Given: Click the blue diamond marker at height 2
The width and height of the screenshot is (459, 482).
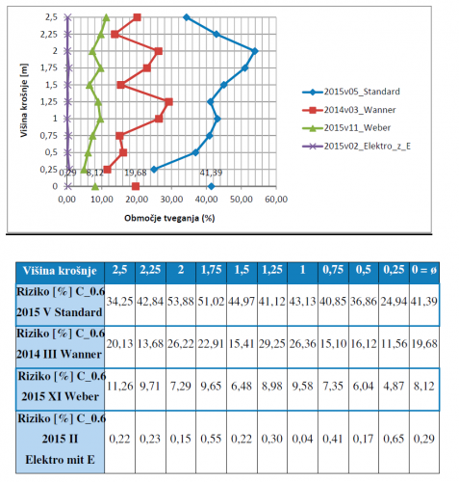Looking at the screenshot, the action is [x=255, y=51].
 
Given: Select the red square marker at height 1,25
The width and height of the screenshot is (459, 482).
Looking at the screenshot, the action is [x=168, y=102].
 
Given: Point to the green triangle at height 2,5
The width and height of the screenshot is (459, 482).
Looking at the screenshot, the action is [x=107, y=17].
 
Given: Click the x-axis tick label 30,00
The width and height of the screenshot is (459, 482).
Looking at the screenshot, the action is [x=171, y=200].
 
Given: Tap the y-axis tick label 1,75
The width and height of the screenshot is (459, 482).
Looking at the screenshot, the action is [x=49, y=67].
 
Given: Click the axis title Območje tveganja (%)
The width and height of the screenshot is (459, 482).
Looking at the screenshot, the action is [x=169, y=218].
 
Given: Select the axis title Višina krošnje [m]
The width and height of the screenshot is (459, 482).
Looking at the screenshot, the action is [x=24, y=100].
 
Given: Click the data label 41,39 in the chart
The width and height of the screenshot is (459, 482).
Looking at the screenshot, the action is [x=211, y=173].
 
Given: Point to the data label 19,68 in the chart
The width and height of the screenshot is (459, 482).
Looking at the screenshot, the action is [x=136, y=173].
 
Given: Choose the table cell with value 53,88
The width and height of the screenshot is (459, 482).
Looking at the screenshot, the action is [x=181, y=302].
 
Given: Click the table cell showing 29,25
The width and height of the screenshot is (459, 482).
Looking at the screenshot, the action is [x=272, y=344].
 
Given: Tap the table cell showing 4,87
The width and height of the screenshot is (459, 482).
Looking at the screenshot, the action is [x=394, y=386].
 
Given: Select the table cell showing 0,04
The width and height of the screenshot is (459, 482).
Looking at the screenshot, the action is [x=302, y=439].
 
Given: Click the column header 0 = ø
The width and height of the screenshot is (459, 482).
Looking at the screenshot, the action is [x=424, y=270].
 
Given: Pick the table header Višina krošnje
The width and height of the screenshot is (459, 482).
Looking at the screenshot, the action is [x=60, y=271].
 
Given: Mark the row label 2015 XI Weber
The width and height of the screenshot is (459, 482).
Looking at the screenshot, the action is [x=60, y=396].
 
